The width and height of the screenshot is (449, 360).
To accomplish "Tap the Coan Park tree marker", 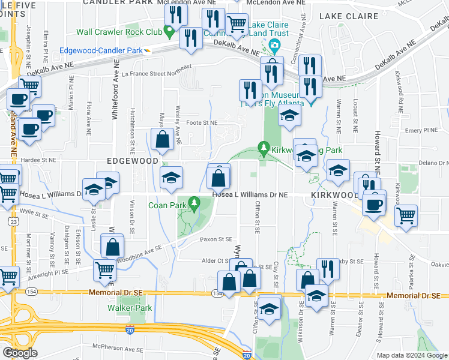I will [x=193, y=205].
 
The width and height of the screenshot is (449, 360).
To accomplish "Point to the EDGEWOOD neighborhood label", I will [x=128, y=161].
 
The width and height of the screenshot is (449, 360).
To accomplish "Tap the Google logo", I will [x=20, y=353].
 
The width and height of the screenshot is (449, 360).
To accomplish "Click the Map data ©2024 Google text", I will [x=411, y=355].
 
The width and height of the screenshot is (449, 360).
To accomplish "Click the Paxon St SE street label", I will [x=215, y=239].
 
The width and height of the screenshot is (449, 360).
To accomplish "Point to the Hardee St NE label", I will [x=39, y=160].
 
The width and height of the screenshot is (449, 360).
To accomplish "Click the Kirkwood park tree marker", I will [x=262, y=146].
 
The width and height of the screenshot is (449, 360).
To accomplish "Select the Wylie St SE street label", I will [x=33, y=212].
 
